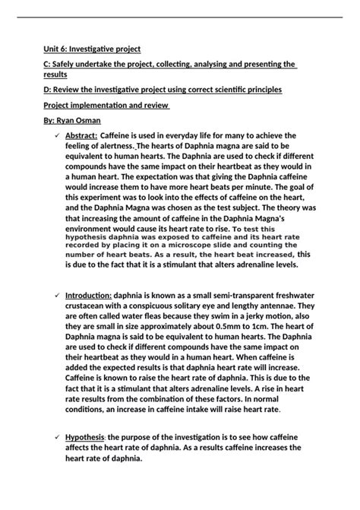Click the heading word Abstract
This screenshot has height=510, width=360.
pyautogui.click(x=81, y=135)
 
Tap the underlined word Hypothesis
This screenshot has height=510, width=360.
pyautogui.click(x=84, y=439)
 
